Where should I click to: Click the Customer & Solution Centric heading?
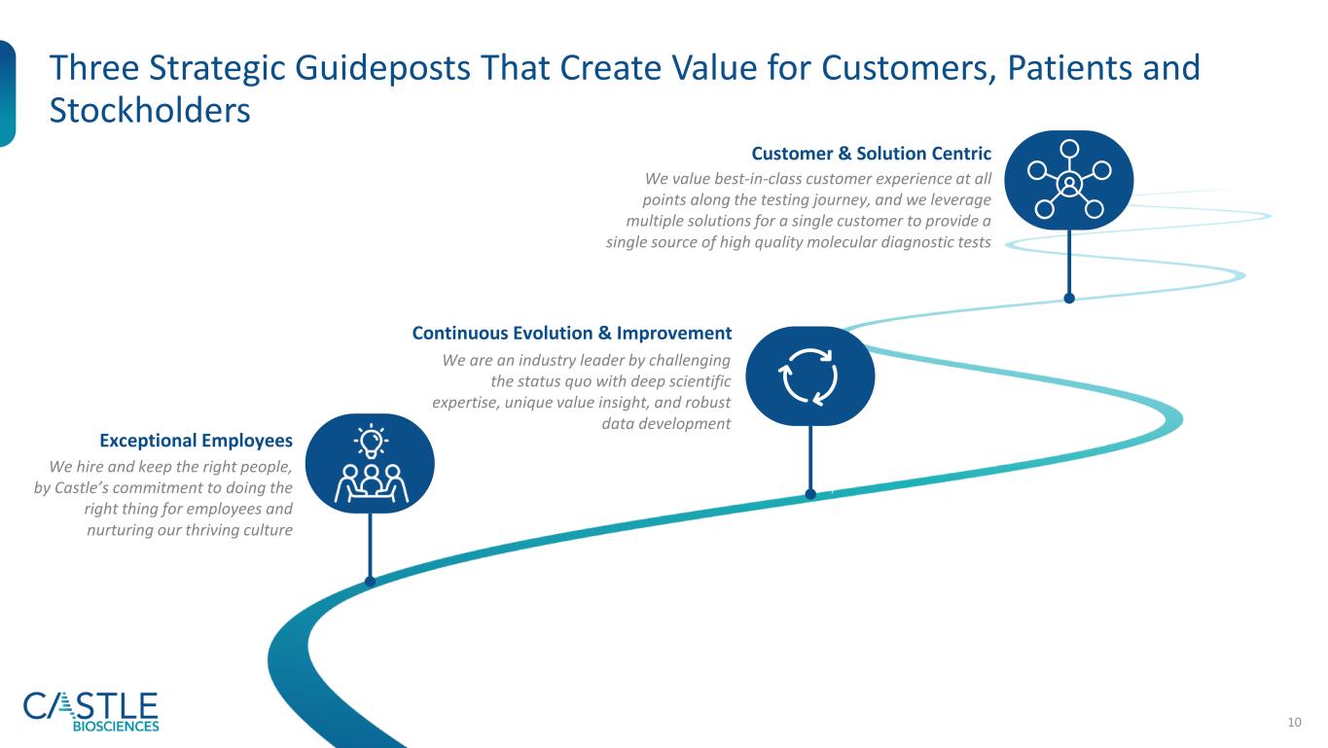(x=871, y=154)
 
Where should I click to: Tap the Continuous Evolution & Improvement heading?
(x=571, y=333)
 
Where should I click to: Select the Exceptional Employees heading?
(x=196, y=441)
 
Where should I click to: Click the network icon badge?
(x=1069, y=180)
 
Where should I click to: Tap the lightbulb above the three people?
(x=371, y=442)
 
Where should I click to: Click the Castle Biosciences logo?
(x=90, y=712)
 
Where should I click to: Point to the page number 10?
(x=1294, y=723)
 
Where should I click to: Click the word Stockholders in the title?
(x=150, y=110)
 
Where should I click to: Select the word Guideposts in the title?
(x=382, y=69)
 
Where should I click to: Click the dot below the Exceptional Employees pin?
(x=370, y=582)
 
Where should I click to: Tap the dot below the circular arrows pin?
(x=810, y=494)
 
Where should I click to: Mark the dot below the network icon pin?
(x=1069, y=299)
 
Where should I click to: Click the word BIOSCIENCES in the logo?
(x=116, y=727)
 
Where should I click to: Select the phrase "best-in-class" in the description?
(x=758, y=178)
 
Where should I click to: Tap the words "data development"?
(x=665, y=424)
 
